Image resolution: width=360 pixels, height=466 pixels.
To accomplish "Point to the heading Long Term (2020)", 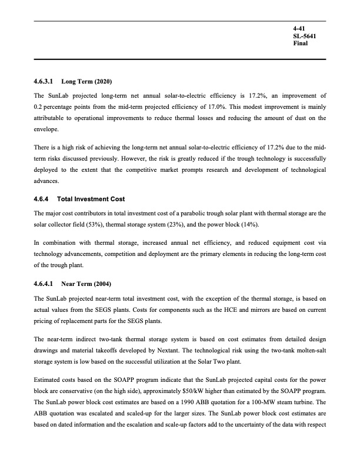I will (x=84, y=81).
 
